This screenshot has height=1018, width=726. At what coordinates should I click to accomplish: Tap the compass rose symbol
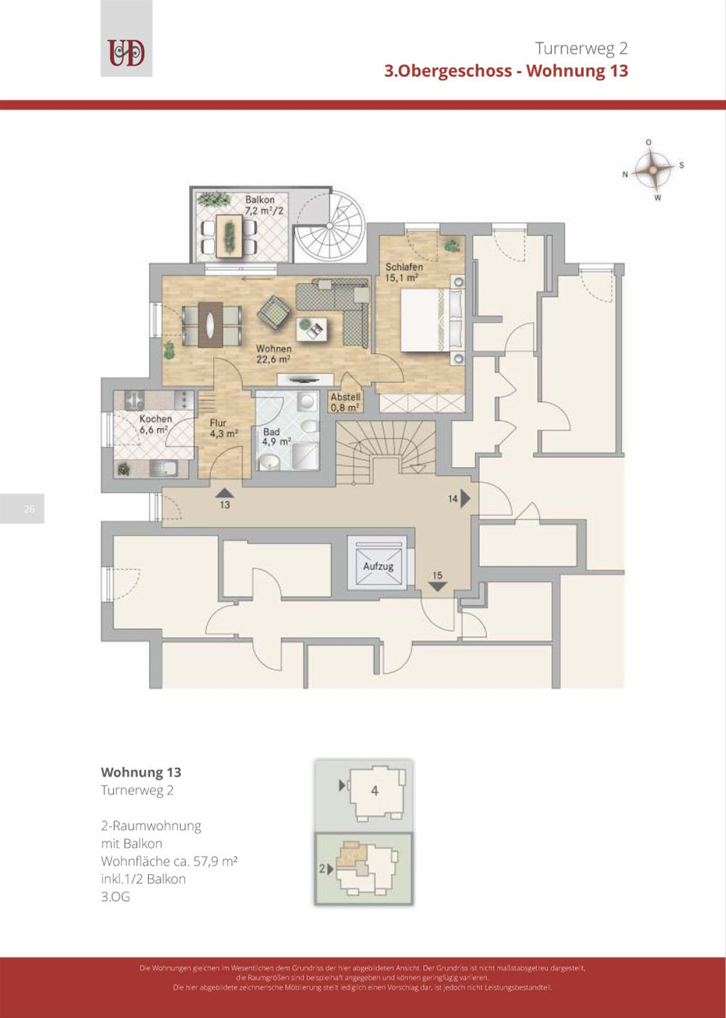(x=653, y=170)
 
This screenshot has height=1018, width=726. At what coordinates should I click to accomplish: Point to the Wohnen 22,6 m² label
(x=273, y=354)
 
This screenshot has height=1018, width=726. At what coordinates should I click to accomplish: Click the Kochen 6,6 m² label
(x=155, y=424)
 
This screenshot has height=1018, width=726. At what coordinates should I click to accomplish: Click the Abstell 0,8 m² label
(x=345, y=402)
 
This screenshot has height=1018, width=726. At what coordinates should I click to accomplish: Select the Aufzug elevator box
(x=378, y=566)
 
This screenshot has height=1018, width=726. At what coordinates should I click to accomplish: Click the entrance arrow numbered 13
(x=224, y=493)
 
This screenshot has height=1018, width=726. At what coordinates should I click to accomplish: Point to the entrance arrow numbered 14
(x=465, y=498)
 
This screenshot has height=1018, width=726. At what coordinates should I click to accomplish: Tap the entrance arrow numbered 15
(x=437, y=586)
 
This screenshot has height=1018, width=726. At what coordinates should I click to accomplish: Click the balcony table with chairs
(x=229, y=235)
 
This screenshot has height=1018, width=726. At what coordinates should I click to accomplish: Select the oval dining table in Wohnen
(x=211, y=325)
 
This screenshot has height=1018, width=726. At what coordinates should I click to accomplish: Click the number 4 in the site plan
(x=374, y=791)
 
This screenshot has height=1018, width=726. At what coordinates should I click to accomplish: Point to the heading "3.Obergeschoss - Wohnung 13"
(x=506, y=71)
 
